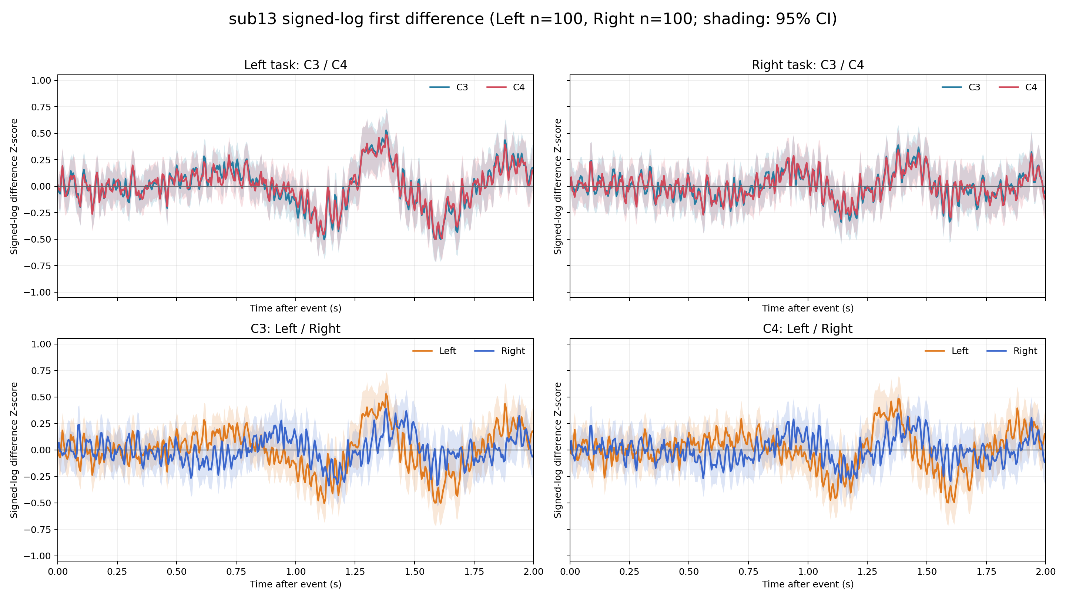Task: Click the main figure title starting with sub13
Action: click(x=533, y=19)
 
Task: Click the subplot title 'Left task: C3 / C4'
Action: click(x=295, y=65)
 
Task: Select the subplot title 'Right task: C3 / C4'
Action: click(x=808, y=65)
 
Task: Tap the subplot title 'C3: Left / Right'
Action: click(x=295, y=329)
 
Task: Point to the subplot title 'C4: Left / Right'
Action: click(x=808, y=329)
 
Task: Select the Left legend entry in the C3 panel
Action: click(x=434, y=351)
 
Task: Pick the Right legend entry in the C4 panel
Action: click(x=1012, y=351)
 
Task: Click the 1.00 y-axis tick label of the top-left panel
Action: click(x=41, y=80)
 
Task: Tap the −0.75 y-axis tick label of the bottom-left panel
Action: click(x=37, y=530)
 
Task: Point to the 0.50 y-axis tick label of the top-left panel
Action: click(x=41, y=133)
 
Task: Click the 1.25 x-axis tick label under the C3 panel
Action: click(x=355, y=572)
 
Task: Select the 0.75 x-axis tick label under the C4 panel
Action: click(x=748, y=572)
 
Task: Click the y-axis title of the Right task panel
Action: click(x=558, y=186)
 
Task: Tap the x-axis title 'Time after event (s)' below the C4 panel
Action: click(x=808, y=584)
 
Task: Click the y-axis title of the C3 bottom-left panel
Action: click(x=14, y=450)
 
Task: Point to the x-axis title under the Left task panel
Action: click(x=295, y=309)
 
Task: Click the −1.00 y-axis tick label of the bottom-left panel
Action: click(x=37, y=556)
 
